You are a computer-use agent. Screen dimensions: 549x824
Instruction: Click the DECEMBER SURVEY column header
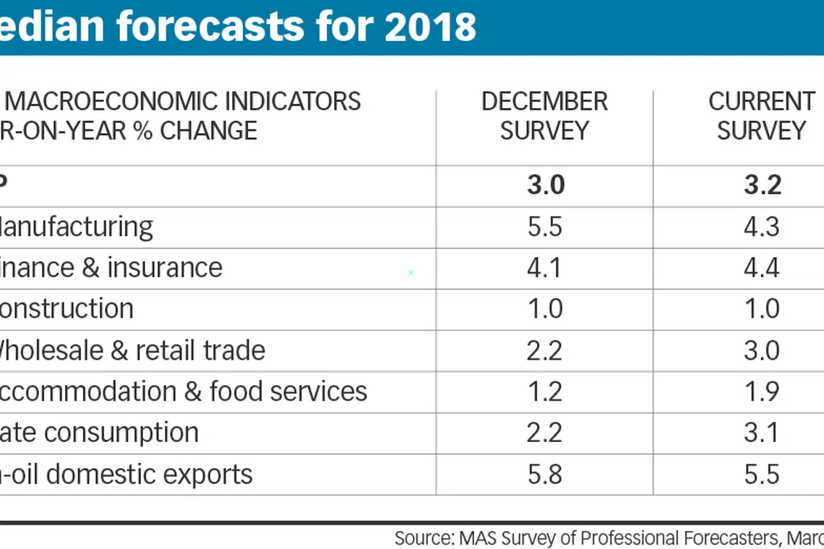(x=544, y=116)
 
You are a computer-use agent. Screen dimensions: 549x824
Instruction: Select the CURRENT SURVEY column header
(x=761, y=116)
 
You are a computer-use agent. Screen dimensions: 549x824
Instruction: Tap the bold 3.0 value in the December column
(x=545, y=186)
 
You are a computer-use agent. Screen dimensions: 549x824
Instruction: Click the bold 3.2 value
(x=762, y=186)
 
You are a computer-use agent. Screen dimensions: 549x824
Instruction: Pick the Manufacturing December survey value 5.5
(x=545, y=227)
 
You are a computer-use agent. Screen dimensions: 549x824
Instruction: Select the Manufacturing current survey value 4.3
(x=762, y=227)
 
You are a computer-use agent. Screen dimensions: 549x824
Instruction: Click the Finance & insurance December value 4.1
(x=545, y=268)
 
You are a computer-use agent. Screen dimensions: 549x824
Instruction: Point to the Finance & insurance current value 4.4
(x=762, y=268)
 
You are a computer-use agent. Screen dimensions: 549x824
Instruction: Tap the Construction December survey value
(x=545, y=309)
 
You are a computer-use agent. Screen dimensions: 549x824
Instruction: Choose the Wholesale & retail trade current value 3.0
(x=762, y=350)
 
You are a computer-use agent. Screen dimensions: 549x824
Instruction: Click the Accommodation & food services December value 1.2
(x=545, y=392)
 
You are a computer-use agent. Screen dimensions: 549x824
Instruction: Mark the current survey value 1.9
(x=762, y=392)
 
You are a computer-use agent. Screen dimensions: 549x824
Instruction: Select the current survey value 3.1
(x=762, y=433)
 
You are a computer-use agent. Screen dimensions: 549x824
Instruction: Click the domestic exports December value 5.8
(x=545, y=474)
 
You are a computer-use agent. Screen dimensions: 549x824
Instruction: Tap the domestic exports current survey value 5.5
(x=762, y=474)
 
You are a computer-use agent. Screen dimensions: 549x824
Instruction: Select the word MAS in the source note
(x=473, y=538)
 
